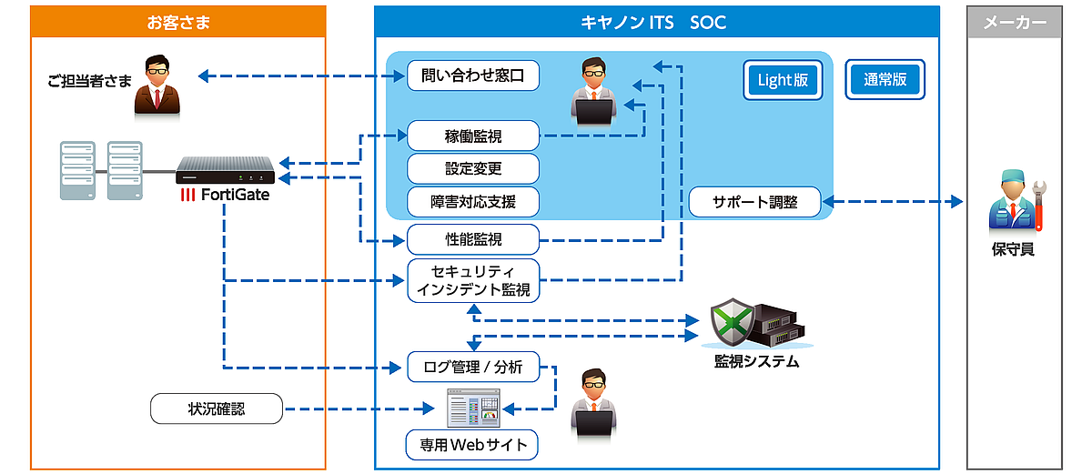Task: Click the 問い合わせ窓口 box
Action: point(473,76)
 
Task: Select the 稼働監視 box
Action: point(473,136)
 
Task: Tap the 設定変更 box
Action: point(473,168)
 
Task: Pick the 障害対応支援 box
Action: point(473,200)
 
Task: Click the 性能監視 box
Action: point(473,240)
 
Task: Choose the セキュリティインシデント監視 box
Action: point(473,280)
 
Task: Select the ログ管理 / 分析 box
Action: point(473,368)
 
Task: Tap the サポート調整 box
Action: point(754,202)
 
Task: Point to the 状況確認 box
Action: point(217,409)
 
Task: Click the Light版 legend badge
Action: point(783,80)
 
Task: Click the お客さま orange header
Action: point(178,22)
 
